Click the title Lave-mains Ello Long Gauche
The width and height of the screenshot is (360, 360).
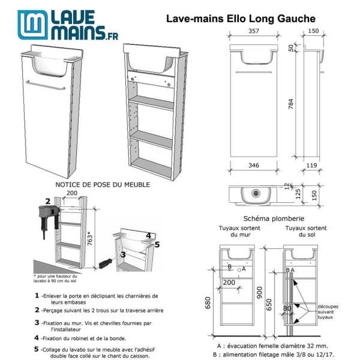coord(240,20)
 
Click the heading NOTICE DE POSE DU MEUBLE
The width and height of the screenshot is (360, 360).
coord(102,185)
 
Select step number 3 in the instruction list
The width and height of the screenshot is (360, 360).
coord(37,323)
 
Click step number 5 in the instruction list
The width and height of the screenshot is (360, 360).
coord(37,349)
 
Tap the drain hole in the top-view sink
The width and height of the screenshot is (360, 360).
coord(256,194)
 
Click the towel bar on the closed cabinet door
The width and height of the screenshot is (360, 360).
coord(47,88)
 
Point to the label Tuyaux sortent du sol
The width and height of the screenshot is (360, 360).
coord(305,231)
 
